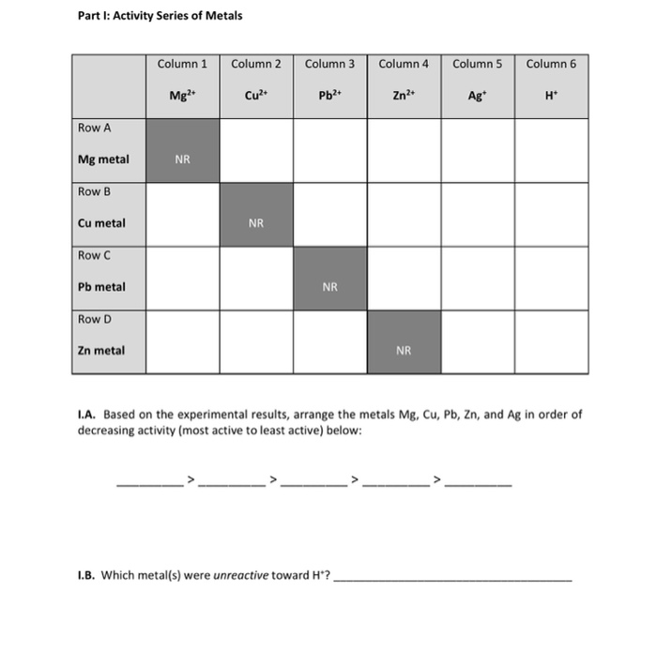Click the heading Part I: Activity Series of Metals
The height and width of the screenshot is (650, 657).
pyautogui.click(x=160, y=15)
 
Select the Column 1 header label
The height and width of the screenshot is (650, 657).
pyautogui.click(x=182, y=64)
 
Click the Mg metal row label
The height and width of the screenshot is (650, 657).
pyautogui.click(x=103, y=159)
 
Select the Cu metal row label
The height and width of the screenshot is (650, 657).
pyautogui.click(x=101, y=223)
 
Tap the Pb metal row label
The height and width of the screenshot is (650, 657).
pyautogui.click(x=101, y=287)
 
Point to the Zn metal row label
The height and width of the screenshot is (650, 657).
pyautogui.click(x=101, y=351)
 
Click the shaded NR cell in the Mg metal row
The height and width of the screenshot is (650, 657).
pyautogui.click(x=182, y=150)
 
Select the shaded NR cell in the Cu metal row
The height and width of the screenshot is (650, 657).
pyautogui.click(x=256, y=214)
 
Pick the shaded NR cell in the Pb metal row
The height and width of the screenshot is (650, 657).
pyautogui.click(x=329, y=278)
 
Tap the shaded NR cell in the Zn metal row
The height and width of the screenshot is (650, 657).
pyautogui.click(x=404, y=341)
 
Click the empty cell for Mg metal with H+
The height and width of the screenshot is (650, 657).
pyautogui.click(x=550, y=150)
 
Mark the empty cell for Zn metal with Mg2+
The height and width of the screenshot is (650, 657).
pyautogui.click(x=182, y=341)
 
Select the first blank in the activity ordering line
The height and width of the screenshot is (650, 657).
pyautogui.click(x=150, y=484)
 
